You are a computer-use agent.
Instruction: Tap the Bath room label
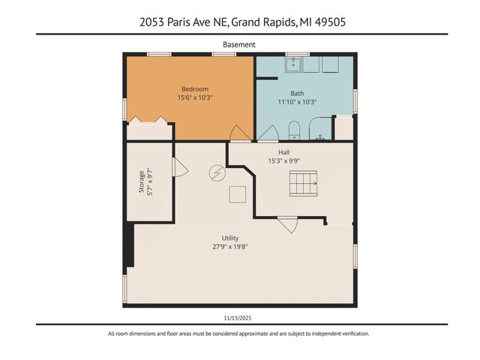pyautogui.click(x=297, y=92)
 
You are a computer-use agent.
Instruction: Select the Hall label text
pyautogui.click(x=284, y=151)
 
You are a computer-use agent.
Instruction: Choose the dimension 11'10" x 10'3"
pyautogui.click(x=297, y=102)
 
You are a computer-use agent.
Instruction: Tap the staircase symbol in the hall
pyautogui.click(x=304, y=182)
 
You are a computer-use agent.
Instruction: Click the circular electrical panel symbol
pyautogui.click(x=216, y=173)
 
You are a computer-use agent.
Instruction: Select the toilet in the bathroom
pyautogui.click(x=294, y=130)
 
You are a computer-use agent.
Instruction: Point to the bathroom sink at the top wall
pyautogui.click(x=293, y=64)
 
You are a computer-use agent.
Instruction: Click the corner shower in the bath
pyautogui.click(x=320, y=130)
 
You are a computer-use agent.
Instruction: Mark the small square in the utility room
pyautogui.click(x=238, y=194)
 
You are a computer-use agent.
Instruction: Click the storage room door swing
pyautogui.click(x=178, y=167)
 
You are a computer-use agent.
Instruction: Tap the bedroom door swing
pyautogui.click(x=240, y=133)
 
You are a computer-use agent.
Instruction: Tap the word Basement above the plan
pyautogui.click(x=239, y=44)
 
